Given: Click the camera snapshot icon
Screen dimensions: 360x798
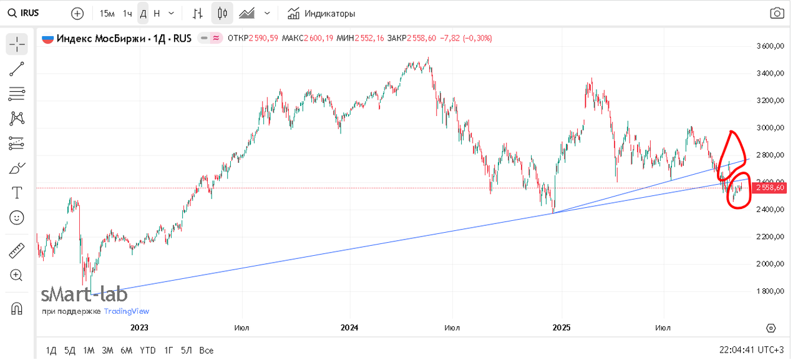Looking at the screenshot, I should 776,13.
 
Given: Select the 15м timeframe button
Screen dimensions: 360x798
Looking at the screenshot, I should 107,13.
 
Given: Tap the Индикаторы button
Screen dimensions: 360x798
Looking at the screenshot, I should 321,13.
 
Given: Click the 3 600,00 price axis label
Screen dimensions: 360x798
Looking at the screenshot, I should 769,46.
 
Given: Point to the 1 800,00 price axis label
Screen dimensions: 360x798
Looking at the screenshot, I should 769,291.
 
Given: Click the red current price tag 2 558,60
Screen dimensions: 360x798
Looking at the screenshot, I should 769,187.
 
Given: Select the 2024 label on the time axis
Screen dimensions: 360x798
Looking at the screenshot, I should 350,328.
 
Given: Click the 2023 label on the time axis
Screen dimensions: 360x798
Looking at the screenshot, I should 139,328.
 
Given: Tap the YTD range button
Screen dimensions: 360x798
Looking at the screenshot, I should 147,350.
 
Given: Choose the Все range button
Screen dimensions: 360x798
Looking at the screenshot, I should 206,350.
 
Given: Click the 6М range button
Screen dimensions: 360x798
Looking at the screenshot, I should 127,350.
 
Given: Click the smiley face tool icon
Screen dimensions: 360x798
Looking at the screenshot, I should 17,218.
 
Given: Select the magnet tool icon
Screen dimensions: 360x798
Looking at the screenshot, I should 17,308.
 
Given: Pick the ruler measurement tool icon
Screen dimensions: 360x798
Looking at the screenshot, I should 17,251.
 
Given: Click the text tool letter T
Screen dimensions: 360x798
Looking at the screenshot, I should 17,193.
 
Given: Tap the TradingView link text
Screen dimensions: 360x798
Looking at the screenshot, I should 127,311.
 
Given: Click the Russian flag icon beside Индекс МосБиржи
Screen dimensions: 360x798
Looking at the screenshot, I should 47,38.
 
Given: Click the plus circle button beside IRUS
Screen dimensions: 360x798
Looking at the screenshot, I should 77,13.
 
